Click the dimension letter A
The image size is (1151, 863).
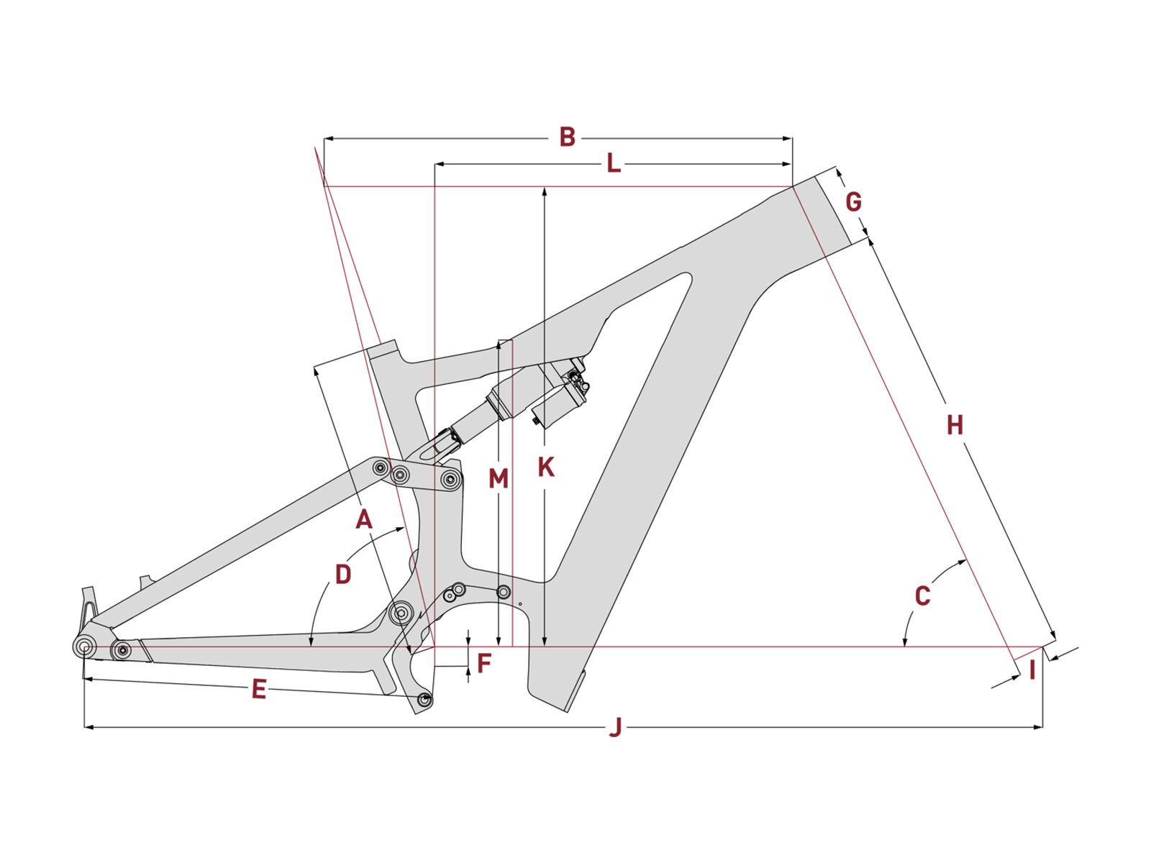point(364,519)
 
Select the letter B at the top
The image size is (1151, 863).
point(568,137)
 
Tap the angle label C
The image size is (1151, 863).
point(922,595)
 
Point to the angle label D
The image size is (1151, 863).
point(343,575)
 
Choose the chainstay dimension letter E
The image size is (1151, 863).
point(259,690)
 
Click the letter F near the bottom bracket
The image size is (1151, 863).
point(484,663)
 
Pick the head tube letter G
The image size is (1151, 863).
point(853,202)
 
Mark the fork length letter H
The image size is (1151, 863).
point(955,425)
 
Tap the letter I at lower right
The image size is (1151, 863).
point(1032,670)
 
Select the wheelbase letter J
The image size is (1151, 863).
point(615,728)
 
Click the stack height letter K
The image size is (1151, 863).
point(546,467)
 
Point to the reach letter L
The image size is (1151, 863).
point(613,164)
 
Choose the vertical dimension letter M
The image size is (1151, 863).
point(499,478)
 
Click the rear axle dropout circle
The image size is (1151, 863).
point(84,647)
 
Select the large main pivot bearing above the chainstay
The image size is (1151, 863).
point(401,613)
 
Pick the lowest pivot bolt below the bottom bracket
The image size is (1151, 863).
point(424,698)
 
